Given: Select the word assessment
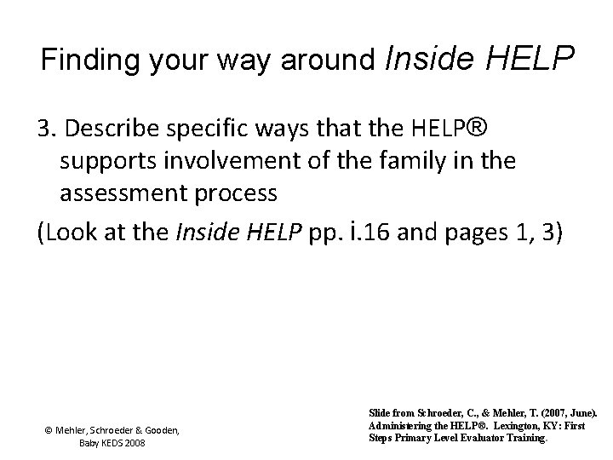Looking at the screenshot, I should coord(125,193).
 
